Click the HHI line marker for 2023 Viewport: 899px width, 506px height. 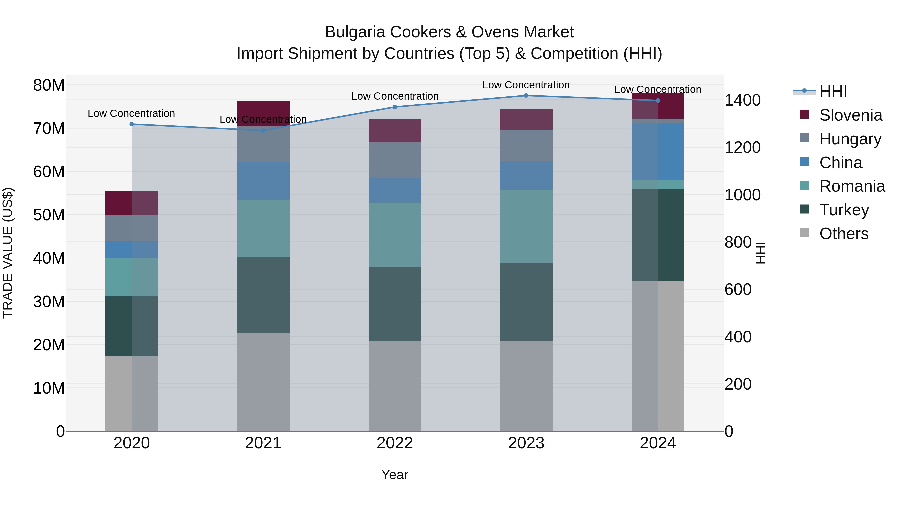click(x=526, y=96)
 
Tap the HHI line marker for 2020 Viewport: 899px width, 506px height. click(x=132, y=124)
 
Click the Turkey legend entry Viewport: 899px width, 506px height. click(x=844, y=210)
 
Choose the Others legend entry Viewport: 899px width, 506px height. click(x=844, y=234)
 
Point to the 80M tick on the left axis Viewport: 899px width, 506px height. click(x=49, y=85)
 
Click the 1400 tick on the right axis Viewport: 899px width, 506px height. click(x=742, y=100)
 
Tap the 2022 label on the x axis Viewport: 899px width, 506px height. click(x=395, y=443)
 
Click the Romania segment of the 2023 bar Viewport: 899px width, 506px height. click(x=526, y=226)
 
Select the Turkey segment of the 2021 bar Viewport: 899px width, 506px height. click(x=263, y=295)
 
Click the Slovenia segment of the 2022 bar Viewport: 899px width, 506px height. click(x=395, y=131)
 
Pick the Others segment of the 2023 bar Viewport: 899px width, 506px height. click(x=526, y=386)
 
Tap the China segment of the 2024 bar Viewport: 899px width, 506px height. click(x=658, y=152)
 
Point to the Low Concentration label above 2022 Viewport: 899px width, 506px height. click(x=395, y=96)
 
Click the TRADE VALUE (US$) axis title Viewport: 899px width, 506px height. click(x=8, y=253)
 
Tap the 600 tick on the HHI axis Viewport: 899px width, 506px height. click(x=738, y=290)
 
